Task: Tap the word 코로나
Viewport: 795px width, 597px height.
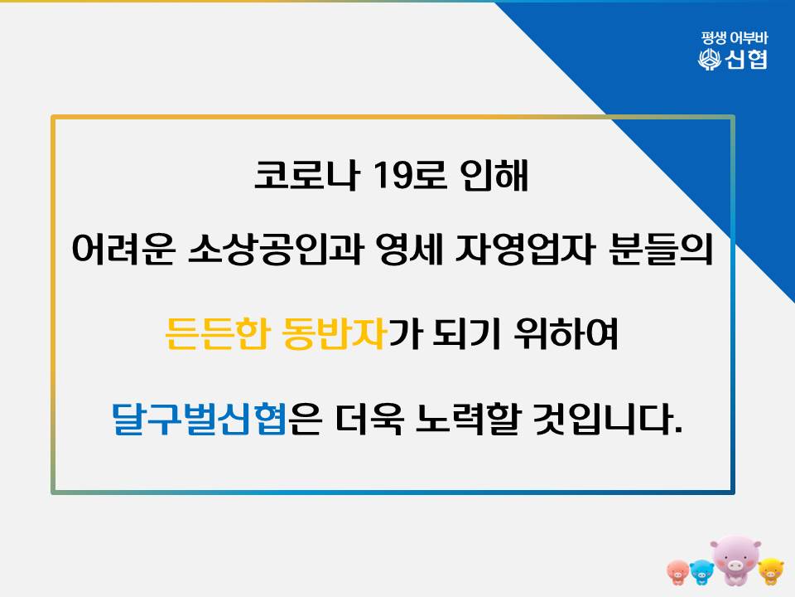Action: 306,175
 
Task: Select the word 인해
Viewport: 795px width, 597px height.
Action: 494,175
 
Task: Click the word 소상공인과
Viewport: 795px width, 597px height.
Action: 276,249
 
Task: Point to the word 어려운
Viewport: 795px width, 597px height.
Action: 123,249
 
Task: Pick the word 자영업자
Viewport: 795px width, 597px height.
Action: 525,249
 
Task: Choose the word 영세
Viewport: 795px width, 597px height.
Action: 410,249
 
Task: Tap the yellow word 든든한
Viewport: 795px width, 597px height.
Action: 216,333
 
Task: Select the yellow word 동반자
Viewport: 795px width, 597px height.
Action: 334,333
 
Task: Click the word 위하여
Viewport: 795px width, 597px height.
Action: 566,333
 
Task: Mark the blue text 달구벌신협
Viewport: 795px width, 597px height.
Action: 200,420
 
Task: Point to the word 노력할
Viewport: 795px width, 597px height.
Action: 467,420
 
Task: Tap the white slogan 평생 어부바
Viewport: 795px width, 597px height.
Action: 735,38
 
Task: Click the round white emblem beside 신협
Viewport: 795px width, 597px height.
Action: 710,60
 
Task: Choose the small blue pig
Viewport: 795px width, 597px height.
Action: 701,572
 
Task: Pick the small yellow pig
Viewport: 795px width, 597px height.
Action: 771,570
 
